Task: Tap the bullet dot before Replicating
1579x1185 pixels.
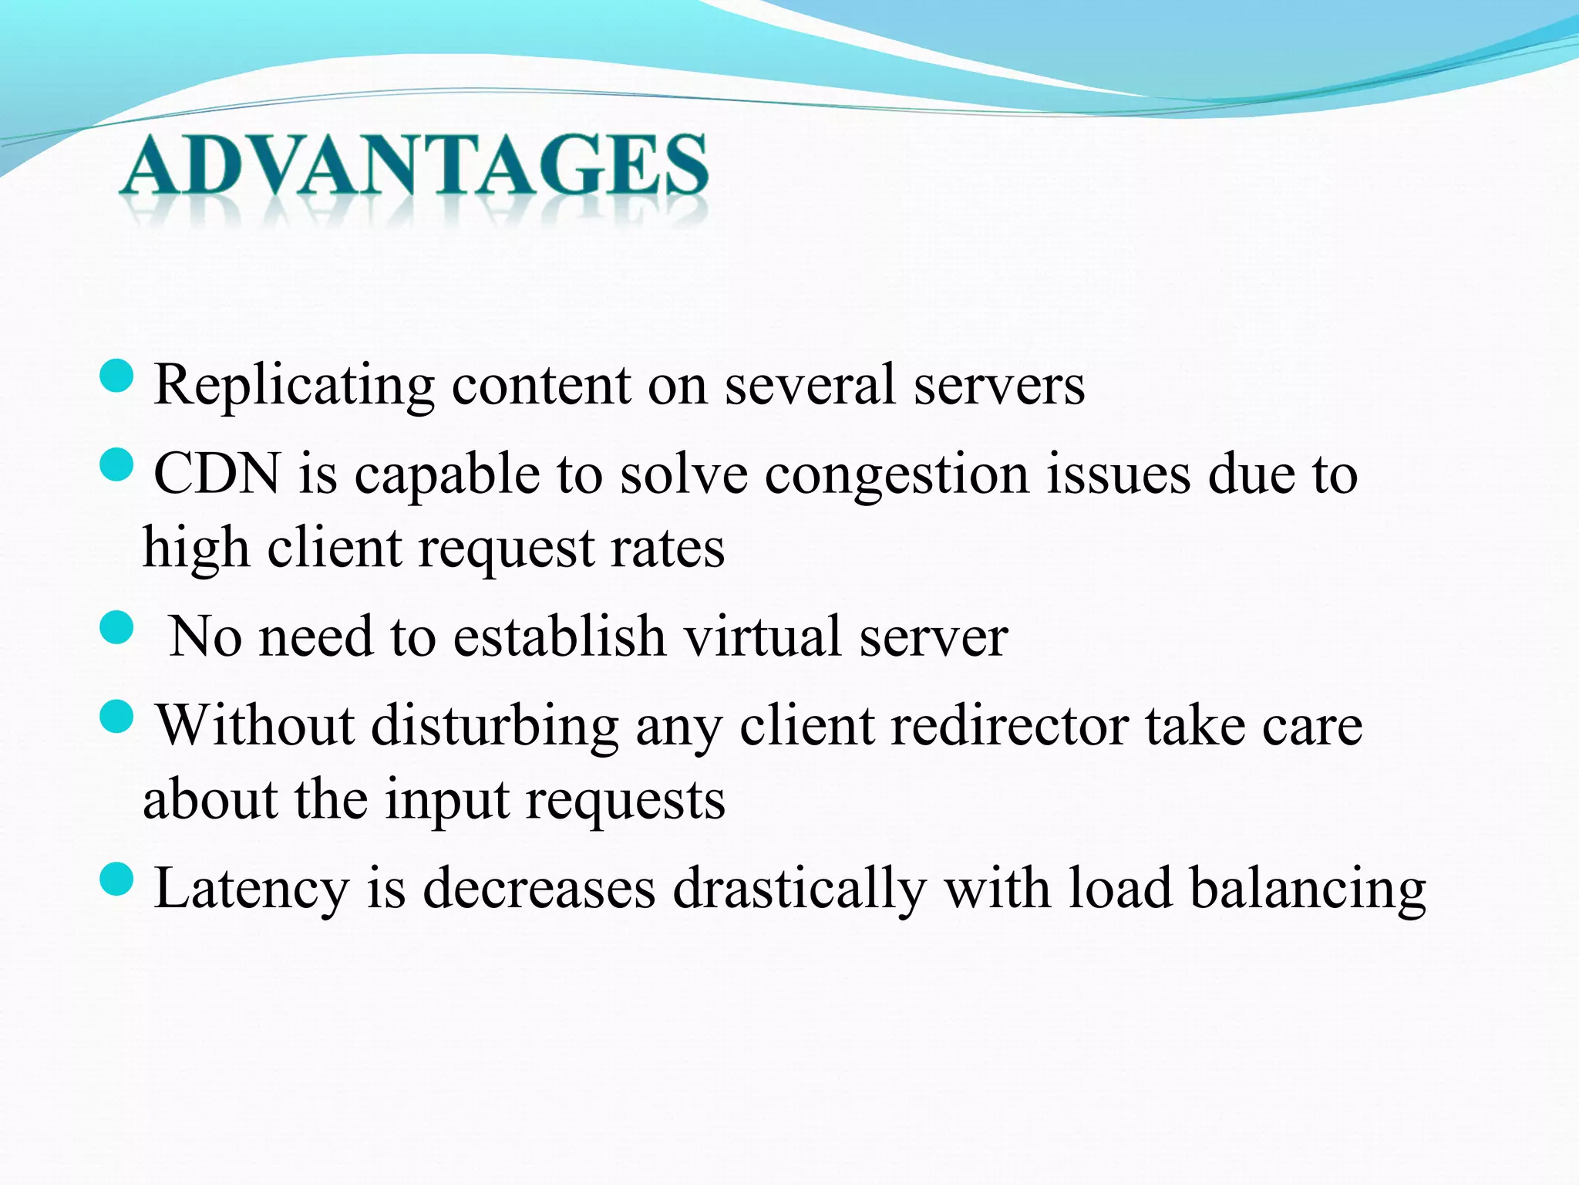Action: click(117, 376)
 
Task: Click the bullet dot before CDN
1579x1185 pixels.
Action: click(117, 465)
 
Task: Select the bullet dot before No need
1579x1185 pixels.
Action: click(117, 627)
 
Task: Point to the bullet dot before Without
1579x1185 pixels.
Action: click(117, 717)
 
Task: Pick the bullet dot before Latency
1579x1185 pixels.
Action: click(117, 879)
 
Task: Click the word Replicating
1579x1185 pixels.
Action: click(294, 385)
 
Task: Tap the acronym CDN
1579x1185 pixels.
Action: click(217, 474)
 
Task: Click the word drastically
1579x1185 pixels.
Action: click(800, 890)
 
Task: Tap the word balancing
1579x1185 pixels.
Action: click(1308, 890)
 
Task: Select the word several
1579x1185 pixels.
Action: click(810, 385)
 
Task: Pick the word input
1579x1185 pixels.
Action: click(447, 801)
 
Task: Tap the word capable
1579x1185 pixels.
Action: click(447, 475)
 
